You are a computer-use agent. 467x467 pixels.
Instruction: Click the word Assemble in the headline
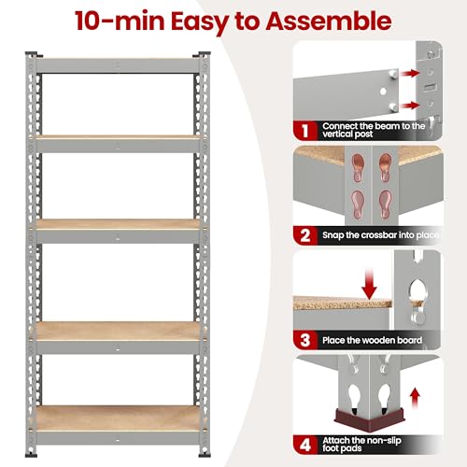pos(328,21)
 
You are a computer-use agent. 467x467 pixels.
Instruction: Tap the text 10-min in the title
pos(120,21)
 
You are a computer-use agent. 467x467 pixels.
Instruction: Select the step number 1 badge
pos(304,131)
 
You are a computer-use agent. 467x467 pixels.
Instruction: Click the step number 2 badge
pos(305,235)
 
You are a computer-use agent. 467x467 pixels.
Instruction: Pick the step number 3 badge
pos(305,340)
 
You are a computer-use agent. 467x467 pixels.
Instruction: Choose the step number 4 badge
pos(305,445)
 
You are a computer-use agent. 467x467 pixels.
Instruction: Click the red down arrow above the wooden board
pos(369,284)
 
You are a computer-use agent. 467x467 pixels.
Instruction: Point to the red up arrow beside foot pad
pos(415,399)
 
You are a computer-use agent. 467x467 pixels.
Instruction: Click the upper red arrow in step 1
pos(409,74)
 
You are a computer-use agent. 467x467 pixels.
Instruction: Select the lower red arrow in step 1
pos(409,106)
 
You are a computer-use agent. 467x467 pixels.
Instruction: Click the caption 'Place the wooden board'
pos(372,340)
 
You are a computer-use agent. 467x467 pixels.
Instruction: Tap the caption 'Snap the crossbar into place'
pos(380,235)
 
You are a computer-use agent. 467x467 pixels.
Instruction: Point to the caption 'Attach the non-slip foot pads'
pos(361,445)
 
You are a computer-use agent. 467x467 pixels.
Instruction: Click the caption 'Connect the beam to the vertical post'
pos(374,130)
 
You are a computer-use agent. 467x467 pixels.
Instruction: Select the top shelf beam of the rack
pos(118,66)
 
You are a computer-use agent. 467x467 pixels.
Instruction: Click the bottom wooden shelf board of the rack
pos(118,418)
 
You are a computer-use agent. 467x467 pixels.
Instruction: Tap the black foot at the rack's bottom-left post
pos(31,455)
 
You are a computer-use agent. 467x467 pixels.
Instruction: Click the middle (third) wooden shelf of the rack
pos(118,224)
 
